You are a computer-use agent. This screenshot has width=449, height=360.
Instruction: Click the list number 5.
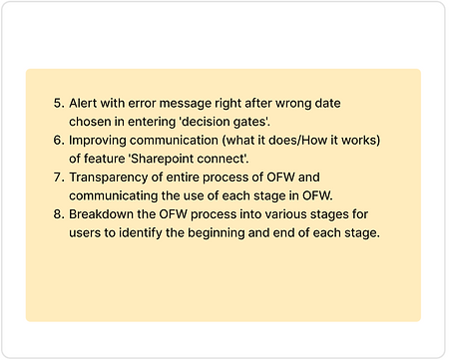tap(58, 104)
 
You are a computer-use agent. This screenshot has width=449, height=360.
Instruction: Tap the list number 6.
tap(58, 141)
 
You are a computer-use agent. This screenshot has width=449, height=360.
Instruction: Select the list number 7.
tap(58, 178)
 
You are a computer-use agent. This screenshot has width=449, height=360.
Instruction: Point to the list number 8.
tap(58, 214)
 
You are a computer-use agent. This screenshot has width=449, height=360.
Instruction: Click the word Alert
tap(86, 104)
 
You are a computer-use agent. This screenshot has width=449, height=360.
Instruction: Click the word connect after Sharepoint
tap(260, 159)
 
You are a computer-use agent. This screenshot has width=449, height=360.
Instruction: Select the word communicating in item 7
tap(118, 195)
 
